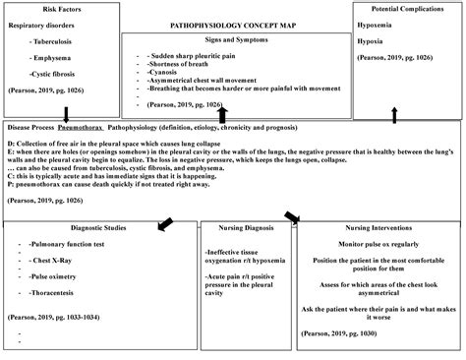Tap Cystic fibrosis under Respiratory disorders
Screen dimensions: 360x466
coord(55,74)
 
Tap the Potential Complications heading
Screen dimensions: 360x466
coord(406,7)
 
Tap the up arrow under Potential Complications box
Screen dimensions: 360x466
coord(393,115)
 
